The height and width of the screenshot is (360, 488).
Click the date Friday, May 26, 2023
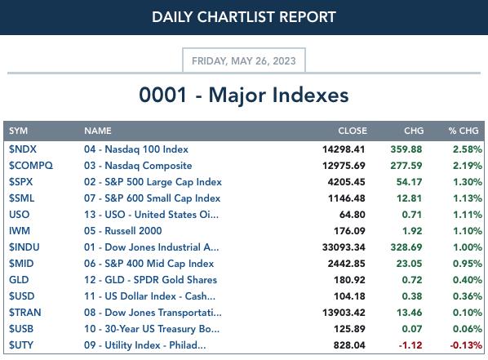(244, 60)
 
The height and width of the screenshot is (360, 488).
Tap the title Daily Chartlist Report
(244, 17)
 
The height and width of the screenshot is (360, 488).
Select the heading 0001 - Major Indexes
(244, 95)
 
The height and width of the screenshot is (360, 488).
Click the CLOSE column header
(353, 131)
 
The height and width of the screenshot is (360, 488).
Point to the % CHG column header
(464, 131)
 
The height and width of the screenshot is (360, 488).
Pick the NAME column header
(98, 131)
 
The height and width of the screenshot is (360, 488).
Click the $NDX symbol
(23, 149)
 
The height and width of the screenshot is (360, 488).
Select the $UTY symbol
(21, 345)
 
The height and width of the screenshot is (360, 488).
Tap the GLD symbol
(19, 280)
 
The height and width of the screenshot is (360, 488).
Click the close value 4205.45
(346, 182)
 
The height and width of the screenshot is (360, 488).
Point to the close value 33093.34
(344, 247)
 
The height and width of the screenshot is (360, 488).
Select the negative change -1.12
(410, 345)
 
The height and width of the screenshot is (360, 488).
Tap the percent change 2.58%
(468, 149)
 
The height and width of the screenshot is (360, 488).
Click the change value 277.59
(406, 166)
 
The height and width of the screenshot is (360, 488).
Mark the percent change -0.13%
(466, 345)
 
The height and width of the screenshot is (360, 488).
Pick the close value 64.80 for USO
(353, 215)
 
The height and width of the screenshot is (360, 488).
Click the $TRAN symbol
(25, 313)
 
